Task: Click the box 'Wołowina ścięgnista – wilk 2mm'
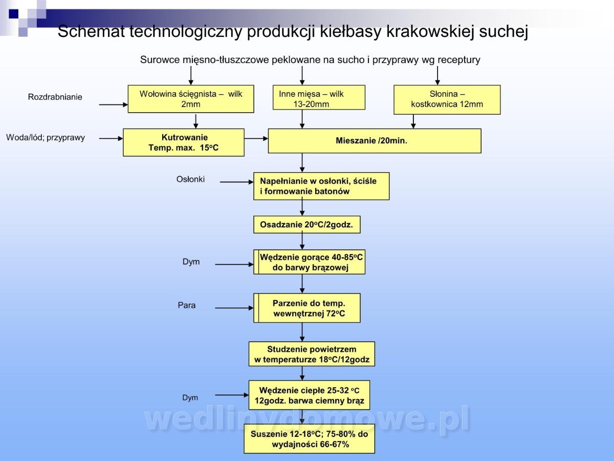[x=191, y=99]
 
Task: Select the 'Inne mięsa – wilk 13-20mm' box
[x=319, y=97]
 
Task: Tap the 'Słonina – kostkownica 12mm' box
[x=447, y=99]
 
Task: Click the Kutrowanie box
[x=184, y=142]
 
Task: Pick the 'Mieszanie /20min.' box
[x=375, y=141]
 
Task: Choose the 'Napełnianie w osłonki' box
[x=321, y=186]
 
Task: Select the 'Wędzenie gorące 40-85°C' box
[x=310, y=262]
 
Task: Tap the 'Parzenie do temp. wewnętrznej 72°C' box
[x=307, y=308]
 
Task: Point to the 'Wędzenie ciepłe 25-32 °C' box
[x=309, y=395]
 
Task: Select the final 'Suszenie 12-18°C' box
[x=309, y=439]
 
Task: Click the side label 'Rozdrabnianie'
[x=55, y=97]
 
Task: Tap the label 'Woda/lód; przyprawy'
[x=46, y=137]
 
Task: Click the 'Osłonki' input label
[x=190, y=179]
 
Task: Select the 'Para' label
[x=187, y=305]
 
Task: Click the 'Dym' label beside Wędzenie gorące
[x=191, y=262]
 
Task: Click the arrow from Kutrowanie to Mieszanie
[x=256, y=138]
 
